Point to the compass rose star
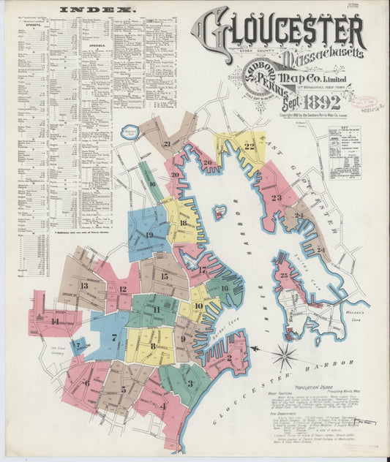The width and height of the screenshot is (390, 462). (x=284, y=356)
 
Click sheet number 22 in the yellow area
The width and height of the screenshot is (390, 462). (x=250, y=146)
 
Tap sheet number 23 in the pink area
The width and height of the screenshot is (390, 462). (x=276, y=197)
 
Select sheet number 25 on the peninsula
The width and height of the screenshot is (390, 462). (x=284, y=276)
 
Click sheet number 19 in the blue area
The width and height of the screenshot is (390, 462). (x=149, y=235)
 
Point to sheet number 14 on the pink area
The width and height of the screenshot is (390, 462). (x=55, y=321)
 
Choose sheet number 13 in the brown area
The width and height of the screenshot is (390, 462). (x=83, y=286)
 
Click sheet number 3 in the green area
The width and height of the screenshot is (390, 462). (x=190, y=383)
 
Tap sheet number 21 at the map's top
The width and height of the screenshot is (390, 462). (x=167, y=144)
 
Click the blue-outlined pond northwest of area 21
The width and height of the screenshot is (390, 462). (x=130, y=132)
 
